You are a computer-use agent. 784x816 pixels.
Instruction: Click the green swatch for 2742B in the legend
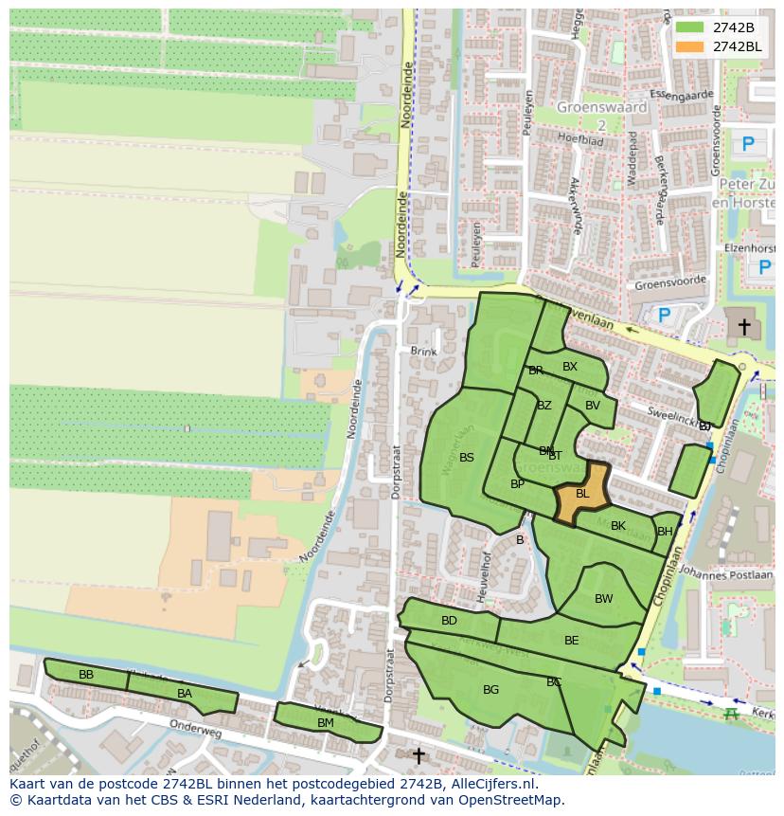[x=689, y=27]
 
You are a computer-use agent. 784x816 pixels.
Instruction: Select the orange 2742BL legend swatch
[x=689, y=46]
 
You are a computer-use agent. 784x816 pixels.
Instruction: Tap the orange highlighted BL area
[x=581, y=494]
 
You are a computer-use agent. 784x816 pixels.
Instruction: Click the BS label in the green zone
[x=467, y=458]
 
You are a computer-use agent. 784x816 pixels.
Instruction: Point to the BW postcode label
[x=603, y=599]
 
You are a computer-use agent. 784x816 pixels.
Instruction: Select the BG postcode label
[x=490, y=690]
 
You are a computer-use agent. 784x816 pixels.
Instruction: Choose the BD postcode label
[x=449, y=621]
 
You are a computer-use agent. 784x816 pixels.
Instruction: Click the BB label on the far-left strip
[x=86, y=675]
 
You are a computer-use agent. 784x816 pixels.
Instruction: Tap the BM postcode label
[x=325, y=723]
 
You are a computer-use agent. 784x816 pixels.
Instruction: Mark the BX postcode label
[x=570, y=367]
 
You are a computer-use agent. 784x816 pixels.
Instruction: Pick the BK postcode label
[x=618, y=526]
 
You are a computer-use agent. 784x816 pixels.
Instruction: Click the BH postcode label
[x=665, y=532]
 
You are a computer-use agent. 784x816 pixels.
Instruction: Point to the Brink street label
[x=424, y=352]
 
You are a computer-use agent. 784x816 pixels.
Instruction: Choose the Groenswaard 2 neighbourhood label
[x=601, y=115]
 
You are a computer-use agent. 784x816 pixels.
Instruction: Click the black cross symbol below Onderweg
[x=419, y=755]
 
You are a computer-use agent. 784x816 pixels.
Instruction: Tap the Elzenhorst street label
[x=750, y=247]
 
